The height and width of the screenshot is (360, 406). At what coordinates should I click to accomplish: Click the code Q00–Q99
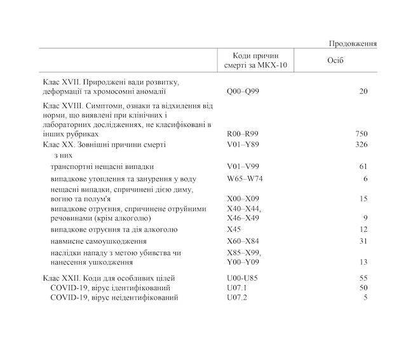point(243,91)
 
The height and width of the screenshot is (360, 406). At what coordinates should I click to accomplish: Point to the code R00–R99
point(243,135)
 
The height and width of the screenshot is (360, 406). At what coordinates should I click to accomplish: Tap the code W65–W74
point(245,178)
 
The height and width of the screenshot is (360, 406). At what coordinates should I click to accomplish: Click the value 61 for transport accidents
point(363,166)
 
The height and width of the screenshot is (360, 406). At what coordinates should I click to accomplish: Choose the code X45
point(234,229)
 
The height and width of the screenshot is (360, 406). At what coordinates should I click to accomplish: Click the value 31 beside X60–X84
point(363,241)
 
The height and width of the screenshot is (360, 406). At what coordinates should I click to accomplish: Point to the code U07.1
point(236,288)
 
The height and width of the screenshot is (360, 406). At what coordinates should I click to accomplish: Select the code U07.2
point(236,297)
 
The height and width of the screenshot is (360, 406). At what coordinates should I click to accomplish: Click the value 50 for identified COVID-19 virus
point(363,288)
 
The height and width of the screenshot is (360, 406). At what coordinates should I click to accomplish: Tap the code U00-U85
point(242,278)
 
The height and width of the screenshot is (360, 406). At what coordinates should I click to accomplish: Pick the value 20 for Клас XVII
point(363,91)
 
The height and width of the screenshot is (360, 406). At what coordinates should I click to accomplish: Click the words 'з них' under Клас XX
point(61,154)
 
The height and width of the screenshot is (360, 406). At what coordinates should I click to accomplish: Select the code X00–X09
point(243,199)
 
